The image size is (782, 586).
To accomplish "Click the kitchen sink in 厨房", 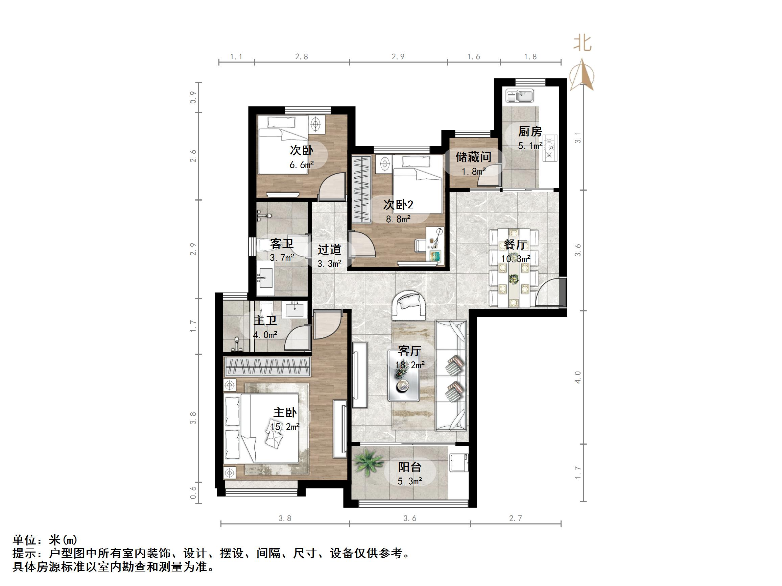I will (519, 96).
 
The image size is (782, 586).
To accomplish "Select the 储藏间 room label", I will (473, 156).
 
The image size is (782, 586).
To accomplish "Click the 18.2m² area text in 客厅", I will (410, 365).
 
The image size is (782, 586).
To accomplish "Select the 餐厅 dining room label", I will (516, 245).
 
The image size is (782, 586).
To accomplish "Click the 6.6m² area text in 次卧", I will (302, 164).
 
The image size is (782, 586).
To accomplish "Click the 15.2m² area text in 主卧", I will (285, 426).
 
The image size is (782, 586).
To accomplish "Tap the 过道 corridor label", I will (329, 250).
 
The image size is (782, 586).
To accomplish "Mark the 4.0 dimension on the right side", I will (578, 377).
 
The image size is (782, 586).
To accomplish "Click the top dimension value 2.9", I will (398, 56).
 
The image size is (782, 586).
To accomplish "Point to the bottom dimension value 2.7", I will (516, 518).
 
